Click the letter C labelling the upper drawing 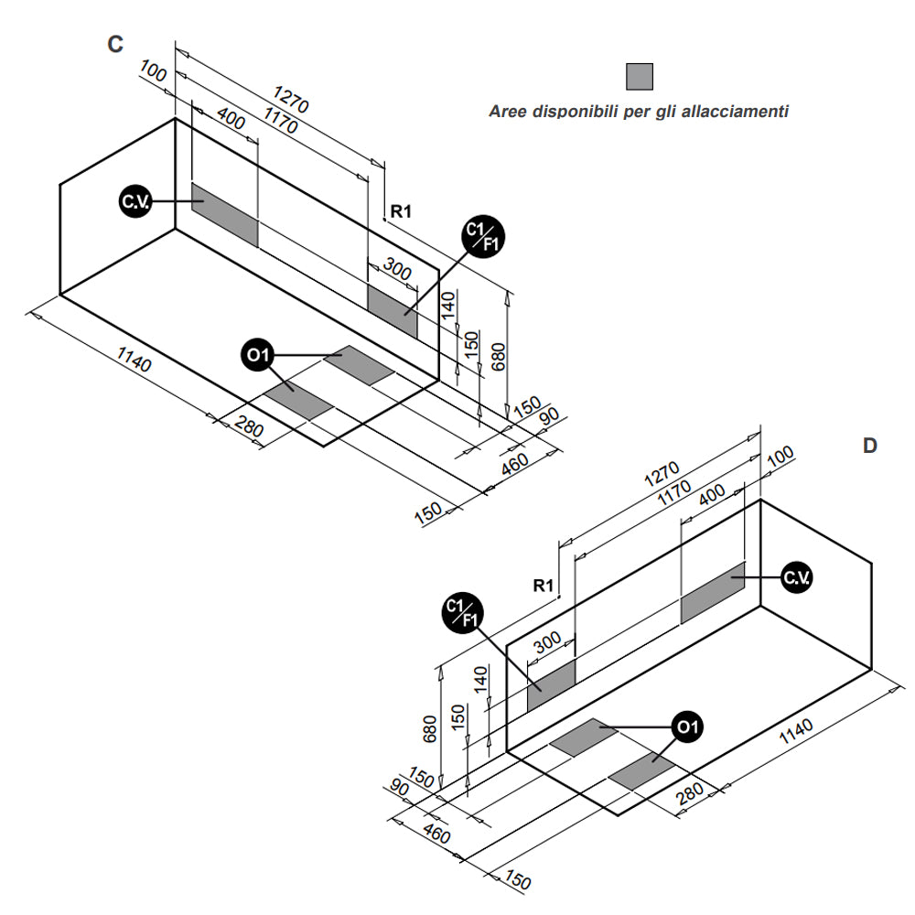114,44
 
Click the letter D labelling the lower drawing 869,446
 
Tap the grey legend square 640,77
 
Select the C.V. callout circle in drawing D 796,577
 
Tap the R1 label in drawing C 401,211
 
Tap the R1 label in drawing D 544,585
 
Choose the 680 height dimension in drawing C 500,354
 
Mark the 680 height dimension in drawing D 431,729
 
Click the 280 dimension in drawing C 249,425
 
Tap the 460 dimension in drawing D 438,834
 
